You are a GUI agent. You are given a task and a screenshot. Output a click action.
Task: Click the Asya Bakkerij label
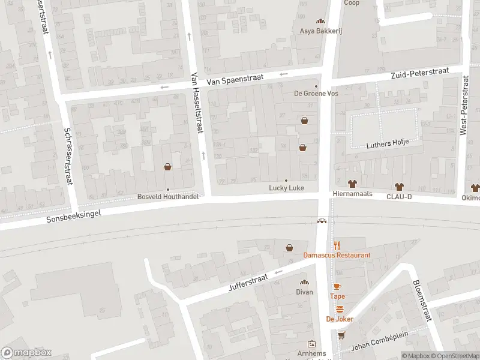[x=320, y=31]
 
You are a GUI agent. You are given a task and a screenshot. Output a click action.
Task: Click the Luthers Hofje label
[x=388, y=143]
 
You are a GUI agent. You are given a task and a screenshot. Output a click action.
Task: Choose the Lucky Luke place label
[x=286, y=188]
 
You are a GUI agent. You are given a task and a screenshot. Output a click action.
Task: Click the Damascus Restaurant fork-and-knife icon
[x=337, y=245]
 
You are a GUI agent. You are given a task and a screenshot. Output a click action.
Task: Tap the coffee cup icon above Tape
[x=337, y=286]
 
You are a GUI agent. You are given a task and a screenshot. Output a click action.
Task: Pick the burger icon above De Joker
[x=340, y=309]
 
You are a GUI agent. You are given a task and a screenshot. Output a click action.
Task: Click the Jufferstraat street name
[x=248, y=280]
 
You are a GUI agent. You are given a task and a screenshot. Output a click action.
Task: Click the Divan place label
[x=304, y=292]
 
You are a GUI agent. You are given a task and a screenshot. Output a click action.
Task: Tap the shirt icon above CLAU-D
[x=398, y=185]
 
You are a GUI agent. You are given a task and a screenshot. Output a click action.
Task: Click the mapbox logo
[x=26, y=352]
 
